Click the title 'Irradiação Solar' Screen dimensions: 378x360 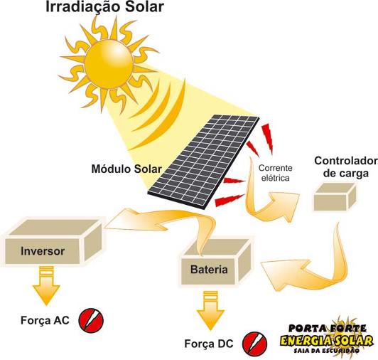(104, 7)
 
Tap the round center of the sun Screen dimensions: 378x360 (109, 64)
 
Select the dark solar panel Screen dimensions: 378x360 (204, 162)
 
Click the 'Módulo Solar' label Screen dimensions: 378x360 (126, 169)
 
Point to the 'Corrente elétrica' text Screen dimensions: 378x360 (275, 173)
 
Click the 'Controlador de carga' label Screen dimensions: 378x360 (346, 167)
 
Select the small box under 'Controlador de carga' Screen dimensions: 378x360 (335, 196)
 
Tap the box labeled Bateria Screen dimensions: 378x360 (216, 261)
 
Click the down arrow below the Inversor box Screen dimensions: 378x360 (46, 285)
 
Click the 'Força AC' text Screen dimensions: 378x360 (45, 320)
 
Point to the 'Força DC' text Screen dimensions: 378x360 (209, 344)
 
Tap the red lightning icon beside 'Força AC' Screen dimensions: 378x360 (91, 320)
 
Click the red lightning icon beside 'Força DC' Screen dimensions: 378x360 (254, 344)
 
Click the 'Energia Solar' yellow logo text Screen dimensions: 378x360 (327, 341)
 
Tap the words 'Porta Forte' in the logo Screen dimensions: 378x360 (328, 328)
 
